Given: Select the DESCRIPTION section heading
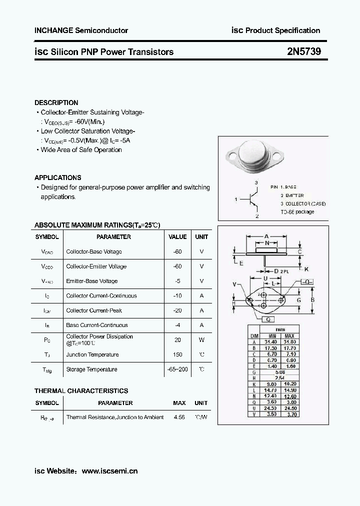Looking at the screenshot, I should click(56, 102).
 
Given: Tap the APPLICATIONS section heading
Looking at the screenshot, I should click(57, 177).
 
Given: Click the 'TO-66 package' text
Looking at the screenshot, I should click(297, 211).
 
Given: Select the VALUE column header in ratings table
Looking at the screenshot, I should click(177, 237).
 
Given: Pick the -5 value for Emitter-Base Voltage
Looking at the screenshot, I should click(177, 281).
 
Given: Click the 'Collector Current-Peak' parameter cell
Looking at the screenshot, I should click(94, 310).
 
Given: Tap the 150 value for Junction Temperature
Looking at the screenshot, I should click(177, 354).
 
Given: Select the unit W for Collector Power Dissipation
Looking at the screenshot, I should click(201, 340).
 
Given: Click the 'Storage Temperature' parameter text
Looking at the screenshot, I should click(91, 369).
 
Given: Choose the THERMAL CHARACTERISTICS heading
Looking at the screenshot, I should click(81, 391).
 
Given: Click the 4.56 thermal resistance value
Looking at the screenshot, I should click(179, 417).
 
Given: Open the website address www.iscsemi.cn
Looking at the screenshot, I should click(109, 471).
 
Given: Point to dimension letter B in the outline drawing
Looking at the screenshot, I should click(312, 300).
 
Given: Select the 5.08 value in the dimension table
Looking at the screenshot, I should click(280, 372).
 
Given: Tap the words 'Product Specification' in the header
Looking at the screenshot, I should click(282, 30).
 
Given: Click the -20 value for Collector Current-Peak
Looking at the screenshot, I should click(177, 310).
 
